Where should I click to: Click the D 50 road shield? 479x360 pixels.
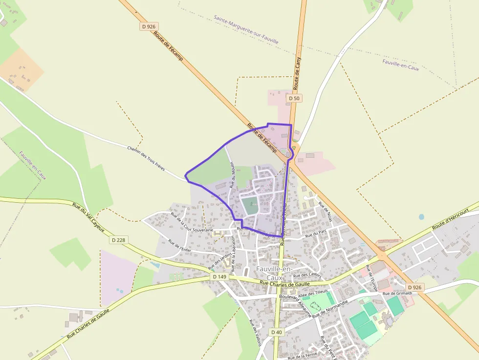[x=294, y=98]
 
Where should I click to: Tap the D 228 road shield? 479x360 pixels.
[x=118, y=240]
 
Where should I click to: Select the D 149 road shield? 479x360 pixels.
[x=220, y=276]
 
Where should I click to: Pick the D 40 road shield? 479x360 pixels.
[x=276, y=332]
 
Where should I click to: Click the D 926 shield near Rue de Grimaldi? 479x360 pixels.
[x=414, y=287]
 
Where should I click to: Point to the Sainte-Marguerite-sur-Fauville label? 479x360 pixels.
[x=246, y=29]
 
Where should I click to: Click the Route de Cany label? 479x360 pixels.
[x=297, y=72]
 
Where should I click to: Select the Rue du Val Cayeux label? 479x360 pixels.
[x=88, y=217]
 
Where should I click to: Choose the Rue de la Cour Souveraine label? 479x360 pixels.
[x=192, y=222]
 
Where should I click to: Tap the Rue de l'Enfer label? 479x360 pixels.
[x=179, y=246]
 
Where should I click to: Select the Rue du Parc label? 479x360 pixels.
[x=315, y=235]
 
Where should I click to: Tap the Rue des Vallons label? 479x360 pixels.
[x=256, y=333]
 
